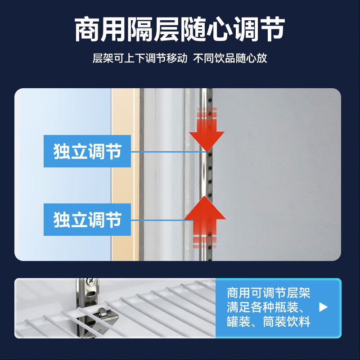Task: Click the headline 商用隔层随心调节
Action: tap(180, 29)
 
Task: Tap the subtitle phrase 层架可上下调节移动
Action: tap(140, 58)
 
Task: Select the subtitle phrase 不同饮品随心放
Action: tap(230, 58)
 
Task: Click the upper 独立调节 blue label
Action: tap(87, 151)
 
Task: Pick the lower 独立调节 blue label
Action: tap(87, 220)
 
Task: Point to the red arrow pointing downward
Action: tap(207, 130)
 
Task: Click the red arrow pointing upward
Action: tap(205, 222)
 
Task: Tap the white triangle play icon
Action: tap(323, 307)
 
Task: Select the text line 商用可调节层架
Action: tap(268, 293)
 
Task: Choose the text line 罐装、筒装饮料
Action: tap(268, 321)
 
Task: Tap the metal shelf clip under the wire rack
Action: tap(104, 316)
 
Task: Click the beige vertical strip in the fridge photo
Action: tap(125, 175)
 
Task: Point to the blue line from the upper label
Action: tap(169, 152)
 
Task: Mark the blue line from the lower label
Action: tap(162, 220)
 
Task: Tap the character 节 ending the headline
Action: tap(272, 29)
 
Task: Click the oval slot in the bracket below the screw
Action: tap(91, 294)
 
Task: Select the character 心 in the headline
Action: tap(220, 29)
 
